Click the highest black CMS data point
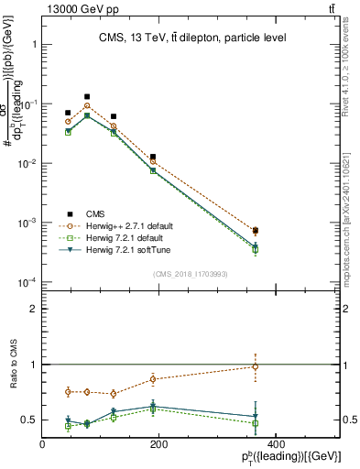(87, 96)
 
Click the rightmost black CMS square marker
(256, 231)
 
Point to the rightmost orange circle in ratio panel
(256, 366)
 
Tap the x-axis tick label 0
(43, 444)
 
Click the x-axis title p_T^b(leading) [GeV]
(290, 457)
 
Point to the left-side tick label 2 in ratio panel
(33, 310)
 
